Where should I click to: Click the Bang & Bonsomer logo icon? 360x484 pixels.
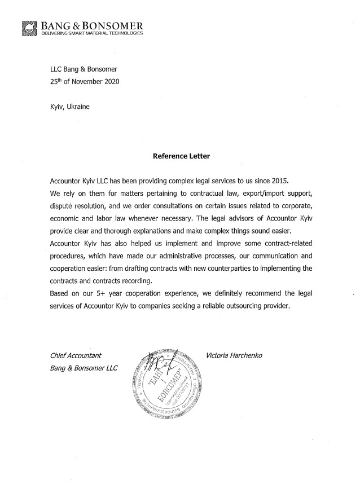pos(28,28)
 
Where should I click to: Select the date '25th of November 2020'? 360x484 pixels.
pos(85,81)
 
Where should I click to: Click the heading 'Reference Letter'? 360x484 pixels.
pos(181,156)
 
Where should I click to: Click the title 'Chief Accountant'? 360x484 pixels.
pos(76,355)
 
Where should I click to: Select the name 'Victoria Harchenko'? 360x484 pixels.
pos(235,355)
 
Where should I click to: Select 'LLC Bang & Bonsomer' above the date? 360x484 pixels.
pos(85,69)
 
